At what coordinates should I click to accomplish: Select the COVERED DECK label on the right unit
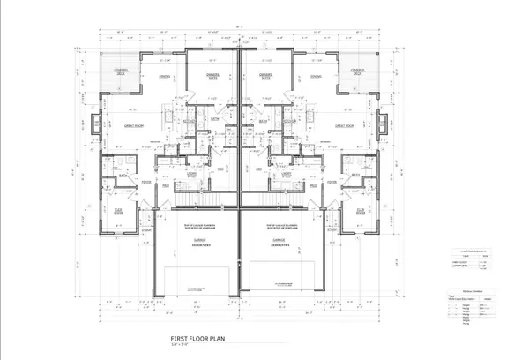pyautogui.click(x=359, y=72)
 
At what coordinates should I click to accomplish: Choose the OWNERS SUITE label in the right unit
pyautogui.click(x=265, y=76)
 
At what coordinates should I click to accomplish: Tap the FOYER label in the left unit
pyautogui.click(x=146, y=184)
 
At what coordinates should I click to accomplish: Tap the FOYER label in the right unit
pyautogui.click(x=333, y=184)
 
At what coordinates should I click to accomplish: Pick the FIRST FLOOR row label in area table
pyautogui.click(x=458, y=262)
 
